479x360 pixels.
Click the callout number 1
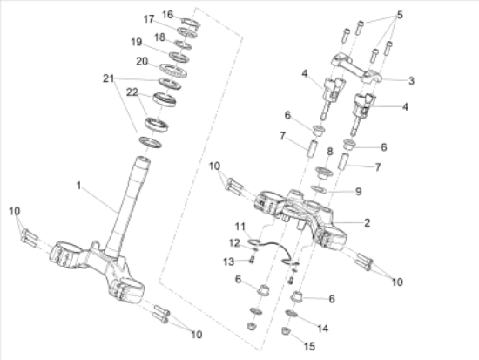(x=78, y=186)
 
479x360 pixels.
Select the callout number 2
(x=368, y=222)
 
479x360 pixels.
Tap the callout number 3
(x=411, y=81)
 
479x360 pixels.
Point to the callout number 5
(x=400, y=15)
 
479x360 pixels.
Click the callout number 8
(x=330, y=152)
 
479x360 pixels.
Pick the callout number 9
(x=359, y=192)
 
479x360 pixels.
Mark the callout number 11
(x=240, y=227)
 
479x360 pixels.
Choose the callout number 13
(x=228, y=262)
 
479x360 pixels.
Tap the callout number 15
(x=309, y=346)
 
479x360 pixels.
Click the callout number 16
(x=167, y=14)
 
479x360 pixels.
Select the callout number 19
(x=136, y=42)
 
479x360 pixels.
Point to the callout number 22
(x=132, y=92)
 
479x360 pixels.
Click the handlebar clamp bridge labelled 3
(x=356, y=68)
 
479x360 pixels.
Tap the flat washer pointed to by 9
(x=319, y=189)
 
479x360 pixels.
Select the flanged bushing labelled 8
(x=324, y=173)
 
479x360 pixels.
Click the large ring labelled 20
(x=173, y=71)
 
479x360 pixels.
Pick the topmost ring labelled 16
(x=191, y=23)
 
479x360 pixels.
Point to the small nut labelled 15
(x=286, y=331)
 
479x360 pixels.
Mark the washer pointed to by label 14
(x=292, y=313)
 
